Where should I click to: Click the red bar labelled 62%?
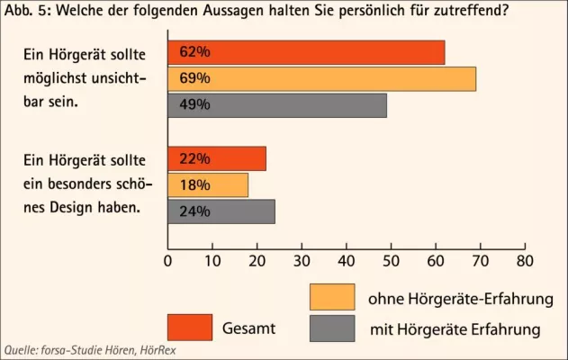[306, 53]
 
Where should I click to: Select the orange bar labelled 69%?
[321, 79]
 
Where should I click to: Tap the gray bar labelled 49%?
[277, 105]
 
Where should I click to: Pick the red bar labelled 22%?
[217, 159]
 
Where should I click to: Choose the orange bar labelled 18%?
[208, 185]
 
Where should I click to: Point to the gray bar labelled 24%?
[221, 211]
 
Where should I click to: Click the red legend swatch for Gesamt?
[190, 328]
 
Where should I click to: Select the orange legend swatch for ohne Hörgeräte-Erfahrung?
[331, 297]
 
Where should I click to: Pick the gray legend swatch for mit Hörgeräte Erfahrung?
[331, 328]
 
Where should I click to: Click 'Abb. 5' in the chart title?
[22, 13]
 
